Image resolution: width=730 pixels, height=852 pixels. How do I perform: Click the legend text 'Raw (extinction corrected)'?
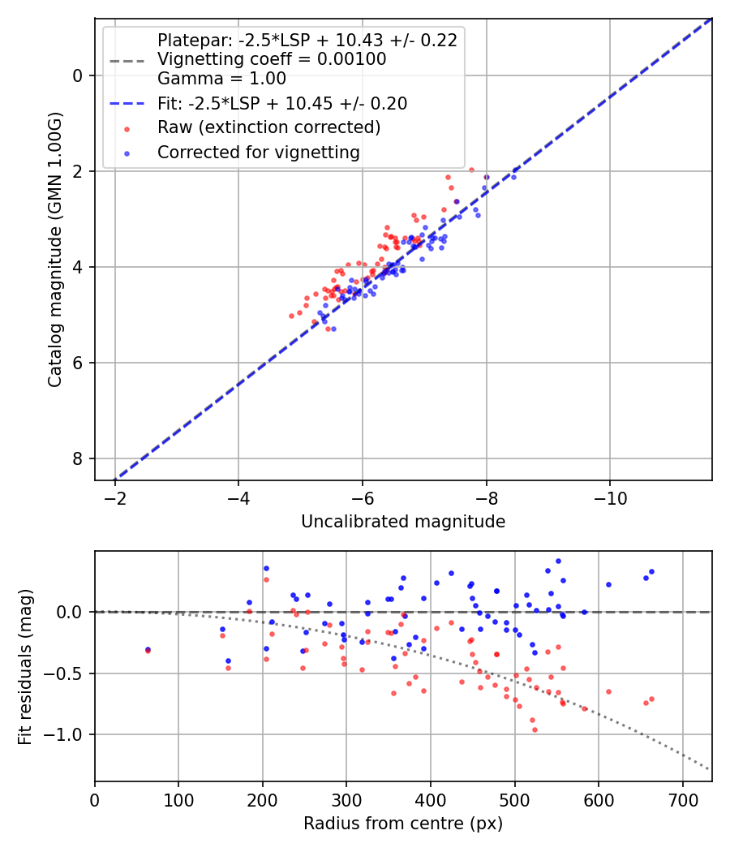pos(268,127)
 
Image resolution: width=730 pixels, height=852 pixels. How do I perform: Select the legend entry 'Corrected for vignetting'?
pos(259,152)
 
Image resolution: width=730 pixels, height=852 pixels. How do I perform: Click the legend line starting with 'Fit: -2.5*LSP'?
pos(282,103)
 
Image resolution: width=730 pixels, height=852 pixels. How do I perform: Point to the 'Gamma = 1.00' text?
pos(221,79)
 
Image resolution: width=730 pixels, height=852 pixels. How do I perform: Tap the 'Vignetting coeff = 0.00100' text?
pos(272,59)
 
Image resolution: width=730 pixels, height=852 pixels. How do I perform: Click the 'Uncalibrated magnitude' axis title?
pos(403,522)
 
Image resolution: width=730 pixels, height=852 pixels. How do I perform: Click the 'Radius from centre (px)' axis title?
pos(403,824)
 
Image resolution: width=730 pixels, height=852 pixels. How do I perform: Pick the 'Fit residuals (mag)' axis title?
pos(26,666)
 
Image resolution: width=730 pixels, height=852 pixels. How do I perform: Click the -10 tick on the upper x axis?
pos(610,497)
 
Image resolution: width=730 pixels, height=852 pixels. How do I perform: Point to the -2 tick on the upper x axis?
pos(114,497)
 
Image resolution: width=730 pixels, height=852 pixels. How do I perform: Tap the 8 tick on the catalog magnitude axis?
pos(79,459)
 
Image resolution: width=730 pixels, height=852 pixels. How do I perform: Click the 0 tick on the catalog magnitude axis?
pos(79,75)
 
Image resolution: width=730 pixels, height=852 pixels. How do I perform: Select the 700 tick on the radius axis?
pos(682,798)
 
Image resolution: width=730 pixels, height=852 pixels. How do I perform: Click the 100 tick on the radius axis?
pos(178,798)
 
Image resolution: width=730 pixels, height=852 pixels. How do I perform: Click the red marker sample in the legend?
pos(127,128)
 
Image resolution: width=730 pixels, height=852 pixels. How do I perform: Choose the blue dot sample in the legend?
pos(127,153)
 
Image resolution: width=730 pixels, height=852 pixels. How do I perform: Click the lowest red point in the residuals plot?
pos(535,729)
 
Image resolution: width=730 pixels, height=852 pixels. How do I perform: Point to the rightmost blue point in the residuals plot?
pos(651,571)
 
